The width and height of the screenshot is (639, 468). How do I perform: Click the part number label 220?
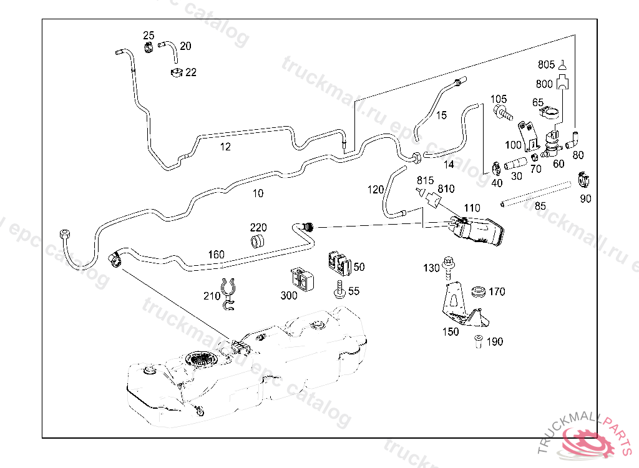[x=259, y=227]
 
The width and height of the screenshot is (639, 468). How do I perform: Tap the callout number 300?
[x=289, y=296]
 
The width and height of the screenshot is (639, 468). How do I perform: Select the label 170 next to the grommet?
[x=497, y=291]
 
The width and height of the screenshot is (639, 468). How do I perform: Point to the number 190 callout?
[x=494, y=342]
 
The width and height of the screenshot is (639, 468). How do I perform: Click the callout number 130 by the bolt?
[x=432, y=268]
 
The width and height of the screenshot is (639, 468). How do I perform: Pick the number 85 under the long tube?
[x=540, y=205]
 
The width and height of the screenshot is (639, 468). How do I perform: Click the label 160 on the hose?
[x=216, y=255]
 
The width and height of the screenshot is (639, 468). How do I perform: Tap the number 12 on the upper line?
[x=225, y=147]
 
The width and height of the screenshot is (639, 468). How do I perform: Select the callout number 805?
[x=546, y=64]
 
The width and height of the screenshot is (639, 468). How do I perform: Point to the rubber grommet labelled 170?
[x=479, y=291]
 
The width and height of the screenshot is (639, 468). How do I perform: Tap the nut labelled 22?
[x=177, y=73]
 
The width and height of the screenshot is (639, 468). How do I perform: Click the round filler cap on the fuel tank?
[x=201, y=360]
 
